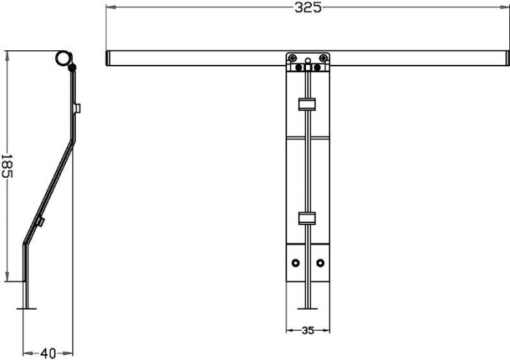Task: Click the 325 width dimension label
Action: pyautogui.click(x=307, y=7)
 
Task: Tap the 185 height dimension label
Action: pyautogui.click(x=7, y=166)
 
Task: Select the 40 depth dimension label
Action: pyautogui.click(x=48, y=353)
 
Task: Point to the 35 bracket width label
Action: pyautogui.click(x=307, y=330)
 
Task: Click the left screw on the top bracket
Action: pyautogui.click(x=292, y=58)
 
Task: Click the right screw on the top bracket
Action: pyautogui.click(x=323, y=58)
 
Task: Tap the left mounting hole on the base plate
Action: pyautogui.click(x=295, y=263)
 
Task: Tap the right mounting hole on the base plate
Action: pyautogui.click(x=321, y=263)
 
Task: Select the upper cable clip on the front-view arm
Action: pyautogui.click(x=307, y=104)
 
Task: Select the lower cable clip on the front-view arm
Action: pyautogui.click(x=307, y=218)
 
